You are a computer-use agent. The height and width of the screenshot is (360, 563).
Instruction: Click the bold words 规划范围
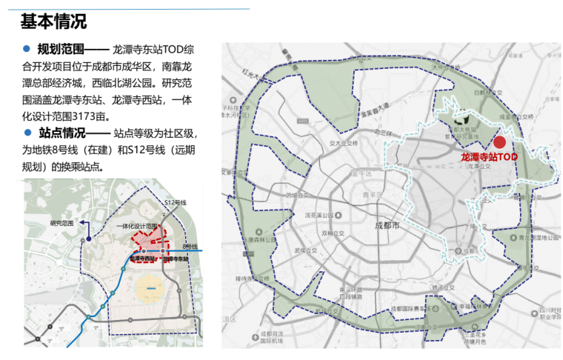click(62, 50)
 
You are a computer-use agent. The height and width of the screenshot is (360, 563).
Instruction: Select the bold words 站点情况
click(62, 133)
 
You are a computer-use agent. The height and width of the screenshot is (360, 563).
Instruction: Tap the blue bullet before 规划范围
click(27, 50)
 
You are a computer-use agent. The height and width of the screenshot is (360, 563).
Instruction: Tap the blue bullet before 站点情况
click(27, 133)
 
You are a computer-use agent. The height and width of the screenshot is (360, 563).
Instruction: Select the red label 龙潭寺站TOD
click(488, 157)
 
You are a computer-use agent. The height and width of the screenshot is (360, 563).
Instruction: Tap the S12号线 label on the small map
click(175, 201)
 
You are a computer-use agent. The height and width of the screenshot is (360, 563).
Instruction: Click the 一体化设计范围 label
click(137, 226)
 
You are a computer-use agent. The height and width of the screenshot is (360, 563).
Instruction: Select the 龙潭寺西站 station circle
click(143, 252)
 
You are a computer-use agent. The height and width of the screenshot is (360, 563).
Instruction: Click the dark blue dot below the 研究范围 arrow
click(88, 239)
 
